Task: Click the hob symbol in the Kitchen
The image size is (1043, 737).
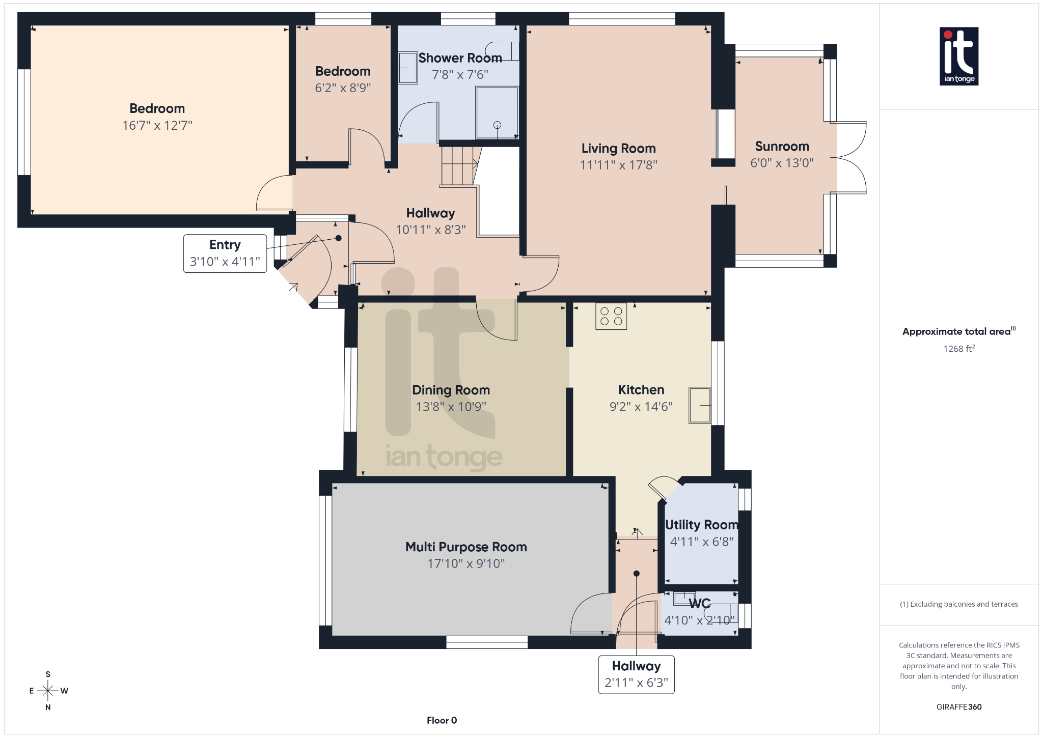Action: [x=611, y=316]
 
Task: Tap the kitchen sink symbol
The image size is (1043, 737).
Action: [x=700, y=405]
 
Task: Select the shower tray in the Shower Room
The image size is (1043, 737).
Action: [x=497, y=112]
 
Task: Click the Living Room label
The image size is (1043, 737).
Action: [x=618, y=148]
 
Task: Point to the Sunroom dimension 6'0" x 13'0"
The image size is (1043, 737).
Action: [x=782, y=163]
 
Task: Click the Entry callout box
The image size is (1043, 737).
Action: [x=225, y=253]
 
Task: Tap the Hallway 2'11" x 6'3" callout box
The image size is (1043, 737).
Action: [x=636, y=674]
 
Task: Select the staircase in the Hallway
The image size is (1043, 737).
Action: [x=458, y=166]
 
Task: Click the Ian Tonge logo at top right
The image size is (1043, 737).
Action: [x=958, y=56]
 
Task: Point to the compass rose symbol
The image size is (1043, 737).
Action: [x=48, y=691]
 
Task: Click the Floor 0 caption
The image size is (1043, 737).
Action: [x=442, y=720]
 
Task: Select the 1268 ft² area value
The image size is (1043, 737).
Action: [x=958, y=349]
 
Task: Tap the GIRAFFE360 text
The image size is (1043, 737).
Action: [x=958, y=706]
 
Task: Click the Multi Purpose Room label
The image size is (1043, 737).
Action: [x=465, y=547]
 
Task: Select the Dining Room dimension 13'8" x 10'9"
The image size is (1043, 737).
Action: [x=451, y=407]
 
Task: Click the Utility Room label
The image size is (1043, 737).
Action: [x=701, y=525]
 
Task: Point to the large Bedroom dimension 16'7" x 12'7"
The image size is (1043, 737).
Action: [x=157, y=125]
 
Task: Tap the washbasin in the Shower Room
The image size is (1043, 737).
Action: [x=407, y=68]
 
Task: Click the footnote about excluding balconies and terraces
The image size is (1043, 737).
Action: [x=958, y=604]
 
